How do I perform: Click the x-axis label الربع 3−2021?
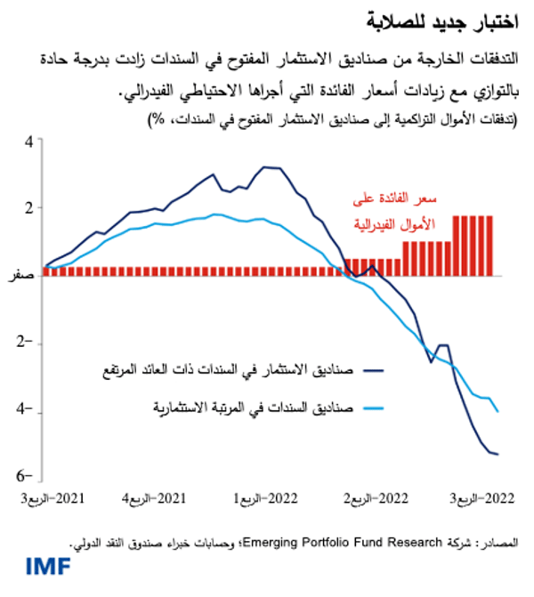53,497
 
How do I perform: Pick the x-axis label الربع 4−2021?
161,497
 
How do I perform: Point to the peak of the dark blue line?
266,166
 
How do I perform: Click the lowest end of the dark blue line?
498,455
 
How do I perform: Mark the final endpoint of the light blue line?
498,412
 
